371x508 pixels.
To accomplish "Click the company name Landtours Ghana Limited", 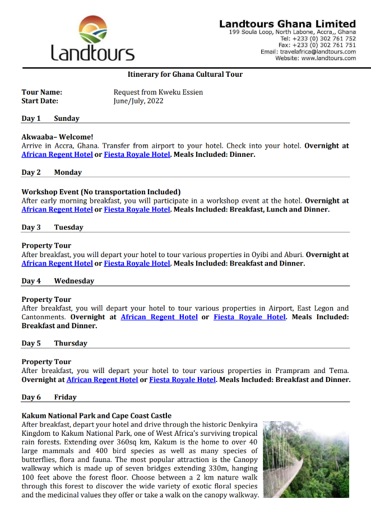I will tap(287, 24).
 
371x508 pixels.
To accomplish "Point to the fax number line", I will tap(317, 45).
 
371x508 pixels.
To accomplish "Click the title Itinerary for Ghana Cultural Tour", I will tap(185, 74).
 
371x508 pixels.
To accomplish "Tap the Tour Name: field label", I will tap(42, 92).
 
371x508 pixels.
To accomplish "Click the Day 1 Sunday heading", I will tap(50, 118).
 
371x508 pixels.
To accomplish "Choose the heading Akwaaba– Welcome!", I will tap(57, 137).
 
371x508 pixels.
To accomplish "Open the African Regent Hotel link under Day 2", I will tap(57, 209).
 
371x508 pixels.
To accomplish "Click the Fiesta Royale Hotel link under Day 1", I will tap(137, 155).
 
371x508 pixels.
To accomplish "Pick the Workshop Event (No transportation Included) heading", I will tap(101, 192).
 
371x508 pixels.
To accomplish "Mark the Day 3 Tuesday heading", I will tap(52, 227).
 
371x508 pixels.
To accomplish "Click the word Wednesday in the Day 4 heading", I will tap(74, 281).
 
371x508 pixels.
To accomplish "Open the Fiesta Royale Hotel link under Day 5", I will tap(182, 380).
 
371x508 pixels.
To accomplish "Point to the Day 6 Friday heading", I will tap(49, 397).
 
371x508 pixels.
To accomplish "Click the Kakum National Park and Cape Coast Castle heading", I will tap(96, 416).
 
